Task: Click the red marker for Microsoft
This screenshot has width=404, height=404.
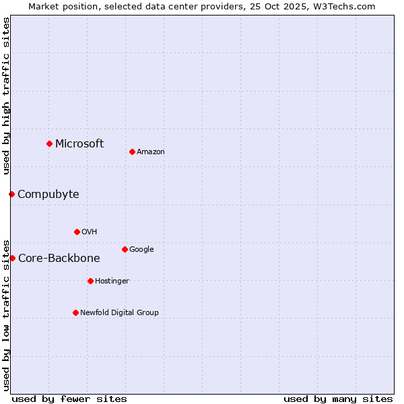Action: pyautogui.click(x=49, y=143)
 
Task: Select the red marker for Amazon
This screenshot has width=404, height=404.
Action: pyautogui.click(x=132, y=151)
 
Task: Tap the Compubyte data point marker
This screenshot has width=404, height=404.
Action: pyautogui.click(x=11, y=194)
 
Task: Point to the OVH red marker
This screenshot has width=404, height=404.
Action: pyautogui.click(x=77, y=232)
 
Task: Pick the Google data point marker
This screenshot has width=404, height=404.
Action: pyautogui.click(x=125, y=249)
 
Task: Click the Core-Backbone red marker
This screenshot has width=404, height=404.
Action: pyautogui.click(x=12, y=258)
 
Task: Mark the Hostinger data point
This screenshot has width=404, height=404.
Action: pyautogui.click(x=90, y=281)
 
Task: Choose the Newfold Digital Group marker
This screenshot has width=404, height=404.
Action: pyautogui.click(x=75, y=312)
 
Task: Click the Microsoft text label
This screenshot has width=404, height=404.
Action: pyautogui.click(x=79, y=143)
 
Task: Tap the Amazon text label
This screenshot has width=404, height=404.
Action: pyautogui.click(x=151, y=152)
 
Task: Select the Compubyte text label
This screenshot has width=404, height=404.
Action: pyautogui.click(x=48, y=195)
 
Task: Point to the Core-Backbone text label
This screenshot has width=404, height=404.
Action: pyautogui.click(x=59, y=259)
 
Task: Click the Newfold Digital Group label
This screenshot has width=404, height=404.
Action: pyautogui.click(x=120, y=312)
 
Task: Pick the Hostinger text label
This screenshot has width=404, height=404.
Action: pyautogui.click(x=112, y=281)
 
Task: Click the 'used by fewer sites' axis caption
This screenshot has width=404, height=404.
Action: pyautogui.click(x=69, y=399)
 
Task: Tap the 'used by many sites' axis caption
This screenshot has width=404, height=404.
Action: pyautogui.click(x=338, y=399)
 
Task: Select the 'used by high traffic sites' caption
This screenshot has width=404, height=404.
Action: pyautogui.click(x=7, y=96)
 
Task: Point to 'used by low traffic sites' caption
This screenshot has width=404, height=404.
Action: pyautogui.click(x=7, y=314)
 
